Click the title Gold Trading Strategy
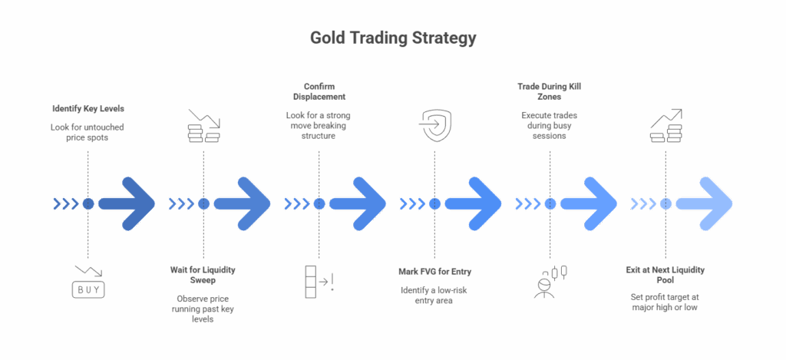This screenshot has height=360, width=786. click(393, 38)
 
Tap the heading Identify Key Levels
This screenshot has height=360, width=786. click(88, 108)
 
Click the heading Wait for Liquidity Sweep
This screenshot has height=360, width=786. click(203, 275)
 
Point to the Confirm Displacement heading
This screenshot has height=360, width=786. click(319, 91)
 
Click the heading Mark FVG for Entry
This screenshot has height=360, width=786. click(434, 271)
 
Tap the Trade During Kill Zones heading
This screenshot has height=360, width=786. click(550, 91)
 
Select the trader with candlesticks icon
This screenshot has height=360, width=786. click(550, 282)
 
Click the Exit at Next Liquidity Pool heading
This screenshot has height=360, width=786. click(665, 275)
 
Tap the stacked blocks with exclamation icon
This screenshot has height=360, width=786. click(319, 282)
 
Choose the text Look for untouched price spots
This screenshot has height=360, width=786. click(88, 131)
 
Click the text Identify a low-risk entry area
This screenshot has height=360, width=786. click(434, 296)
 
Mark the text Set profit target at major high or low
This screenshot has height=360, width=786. click(665, 302)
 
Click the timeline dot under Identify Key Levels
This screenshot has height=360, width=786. click(88, 203)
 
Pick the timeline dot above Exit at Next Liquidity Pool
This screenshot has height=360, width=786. click(665, 203)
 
